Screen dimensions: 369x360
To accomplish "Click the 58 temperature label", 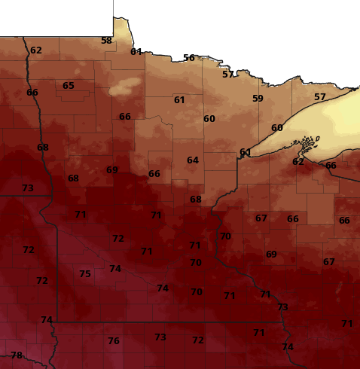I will coord(106,41).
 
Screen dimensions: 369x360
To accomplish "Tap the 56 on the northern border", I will coord(189,58).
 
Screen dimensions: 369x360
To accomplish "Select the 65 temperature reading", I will coord(69,86).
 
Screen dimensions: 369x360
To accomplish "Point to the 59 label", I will coord(258,99).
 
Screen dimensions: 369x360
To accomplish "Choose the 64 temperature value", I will coord(193,160).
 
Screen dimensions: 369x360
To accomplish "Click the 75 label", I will coord(85,274).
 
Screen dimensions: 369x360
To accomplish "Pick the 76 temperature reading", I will coord(114,341).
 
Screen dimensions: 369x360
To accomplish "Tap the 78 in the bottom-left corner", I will coord(17,355).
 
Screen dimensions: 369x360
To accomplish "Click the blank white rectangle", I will coord(56,17).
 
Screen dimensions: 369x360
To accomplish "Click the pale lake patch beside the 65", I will coord(120,90).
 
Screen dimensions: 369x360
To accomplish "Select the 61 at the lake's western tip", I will coord(246,153).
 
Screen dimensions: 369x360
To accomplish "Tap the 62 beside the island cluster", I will coord(298,162).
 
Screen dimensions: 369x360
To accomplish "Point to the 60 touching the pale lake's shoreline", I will coord(277,128).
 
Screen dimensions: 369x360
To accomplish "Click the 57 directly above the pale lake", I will coord(320,97).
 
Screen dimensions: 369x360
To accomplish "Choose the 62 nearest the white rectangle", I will coord(36,50).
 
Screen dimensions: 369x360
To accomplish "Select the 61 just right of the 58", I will coord(136,52).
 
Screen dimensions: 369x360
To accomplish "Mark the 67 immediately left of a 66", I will coord(261,218).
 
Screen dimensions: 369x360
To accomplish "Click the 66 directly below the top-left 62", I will coord(32,93).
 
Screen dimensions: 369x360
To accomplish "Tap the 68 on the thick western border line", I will coord(43,148).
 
